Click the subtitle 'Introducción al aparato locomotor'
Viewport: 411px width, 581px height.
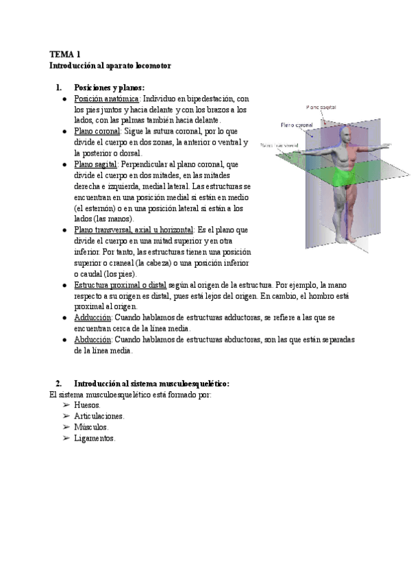[110, 65]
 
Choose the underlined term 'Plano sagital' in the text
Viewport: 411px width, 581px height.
[96, 164]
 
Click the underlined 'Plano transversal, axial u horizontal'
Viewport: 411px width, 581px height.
[134, 230]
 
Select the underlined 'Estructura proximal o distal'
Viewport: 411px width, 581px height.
[120, 284]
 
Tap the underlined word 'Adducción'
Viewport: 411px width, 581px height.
[92, 318]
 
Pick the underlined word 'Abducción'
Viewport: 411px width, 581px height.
[92, 339]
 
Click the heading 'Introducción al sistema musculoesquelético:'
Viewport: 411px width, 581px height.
[151, 384]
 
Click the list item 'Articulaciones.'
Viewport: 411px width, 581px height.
[99, 416]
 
